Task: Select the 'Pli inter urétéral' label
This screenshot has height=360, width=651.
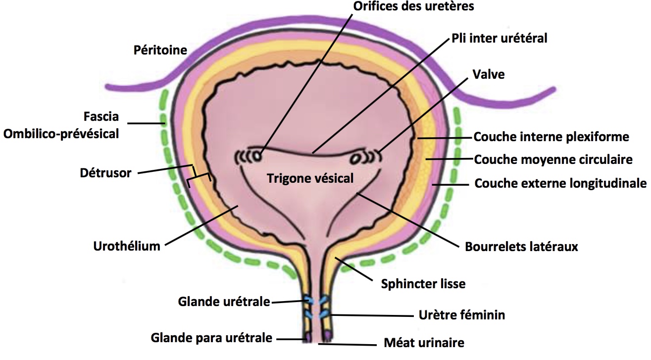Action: (499, 38)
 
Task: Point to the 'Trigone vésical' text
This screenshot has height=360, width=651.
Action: (310, 178)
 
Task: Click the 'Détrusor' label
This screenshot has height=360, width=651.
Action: (105, 173)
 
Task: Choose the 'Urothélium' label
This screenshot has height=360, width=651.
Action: (127, 246)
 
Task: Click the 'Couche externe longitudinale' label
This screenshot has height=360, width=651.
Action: (560, 184)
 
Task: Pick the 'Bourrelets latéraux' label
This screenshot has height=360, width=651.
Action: (521, 246)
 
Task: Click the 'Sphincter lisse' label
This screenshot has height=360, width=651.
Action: (423, 284)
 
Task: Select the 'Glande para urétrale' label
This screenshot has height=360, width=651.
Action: (211, 338)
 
